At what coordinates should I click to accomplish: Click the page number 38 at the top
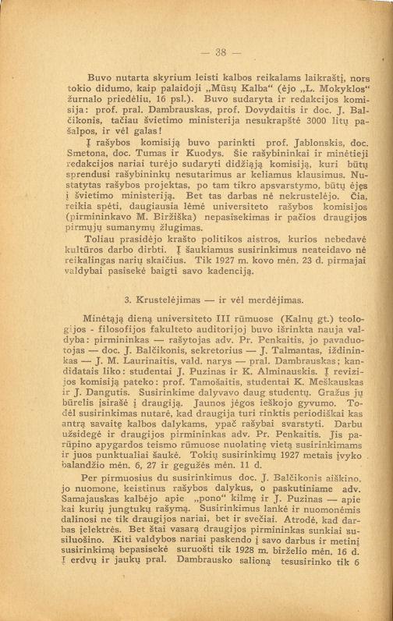[x=196, y=54]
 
